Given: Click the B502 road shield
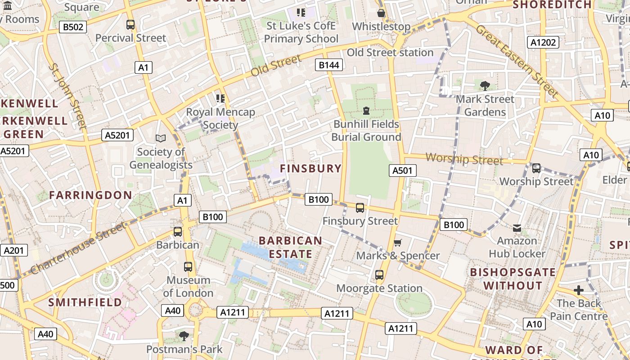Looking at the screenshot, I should coord(73,27).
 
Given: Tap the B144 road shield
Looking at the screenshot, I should coord(328,65).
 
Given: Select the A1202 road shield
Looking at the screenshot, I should coord(543,42).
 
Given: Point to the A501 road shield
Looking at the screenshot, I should coord(402,170).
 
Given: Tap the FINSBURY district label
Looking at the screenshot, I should coord(310,168).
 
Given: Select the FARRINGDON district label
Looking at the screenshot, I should coord(90,195).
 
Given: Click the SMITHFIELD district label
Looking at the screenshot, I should coord(85,302).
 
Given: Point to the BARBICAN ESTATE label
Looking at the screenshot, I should coord(291,247).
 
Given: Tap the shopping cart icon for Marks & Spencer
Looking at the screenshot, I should coord(397,243).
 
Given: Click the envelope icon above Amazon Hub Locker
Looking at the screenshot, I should coord(517,228).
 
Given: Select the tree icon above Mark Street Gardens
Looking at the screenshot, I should coord(485,85).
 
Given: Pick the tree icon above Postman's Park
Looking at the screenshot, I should coord(184,336).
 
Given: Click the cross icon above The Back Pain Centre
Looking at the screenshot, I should coord(579,290).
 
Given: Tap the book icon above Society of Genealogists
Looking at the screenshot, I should coord(161,138).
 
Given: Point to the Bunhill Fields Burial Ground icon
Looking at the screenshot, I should coord(366,110).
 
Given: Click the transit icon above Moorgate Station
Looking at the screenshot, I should coord(379,274).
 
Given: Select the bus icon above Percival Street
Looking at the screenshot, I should coord(130,25).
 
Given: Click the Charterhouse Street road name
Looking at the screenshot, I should coord(79,248).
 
